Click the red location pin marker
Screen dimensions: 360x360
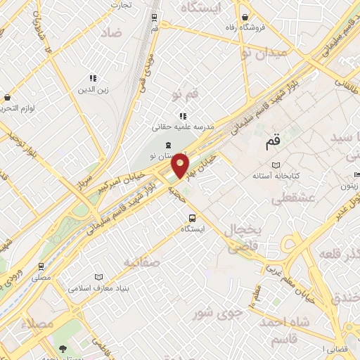coord(181,166)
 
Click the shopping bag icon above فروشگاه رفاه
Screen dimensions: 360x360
coord(244,17)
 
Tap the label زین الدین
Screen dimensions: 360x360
coord(91,90)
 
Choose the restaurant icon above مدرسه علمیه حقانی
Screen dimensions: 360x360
coord(183,116)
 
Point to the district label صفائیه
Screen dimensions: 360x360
coord(142,262)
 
